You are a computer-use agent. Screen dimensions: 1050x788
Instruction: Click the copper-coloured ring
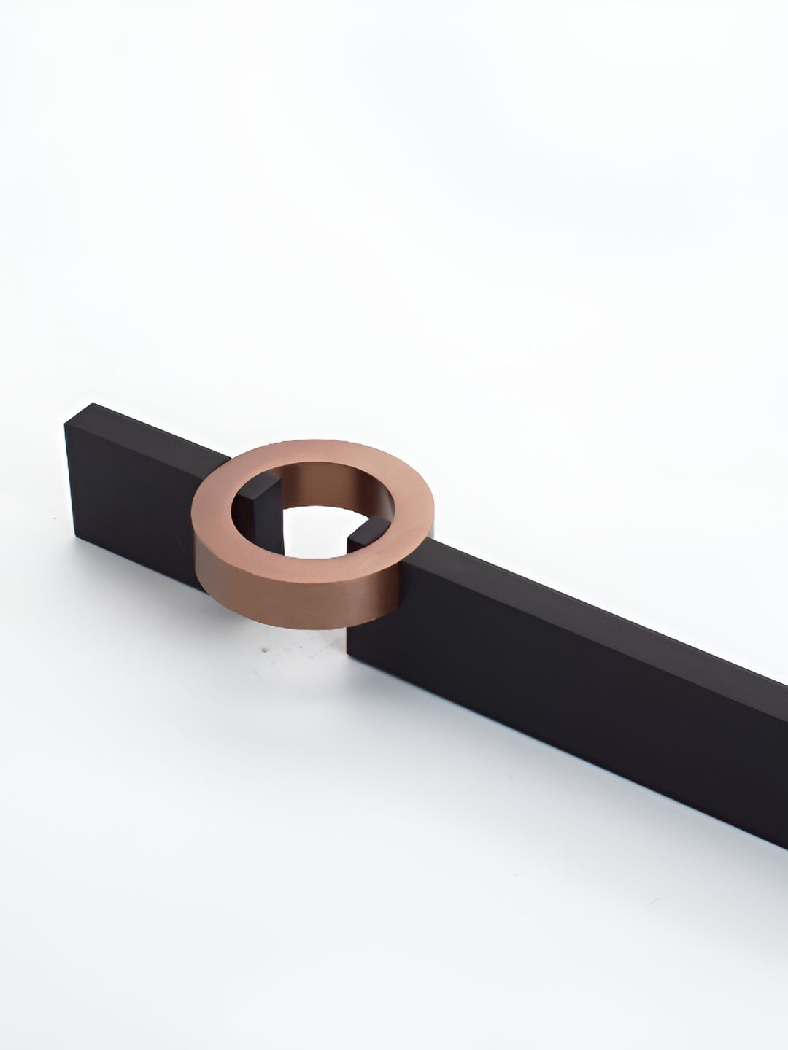click(219, 576)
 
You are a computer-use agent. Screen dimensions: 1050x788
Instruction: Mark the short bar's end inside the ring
click(263, 503)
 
